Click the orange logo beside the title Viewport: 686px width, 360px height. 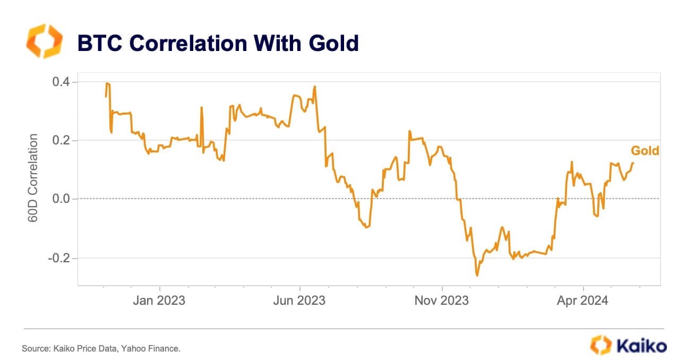tap(44, 41)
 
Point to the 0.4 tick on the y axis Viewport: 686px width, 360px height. tap(63, 82)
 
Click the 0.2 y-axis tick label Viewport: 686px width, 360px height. tap(63, 141)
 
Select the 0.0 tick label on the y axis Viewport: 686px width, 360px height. tap(63, 199)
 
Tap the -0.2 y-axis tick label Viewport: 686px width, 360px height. tap(61, 258)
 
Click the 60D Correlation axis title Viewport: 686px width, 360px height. tap(33, 177)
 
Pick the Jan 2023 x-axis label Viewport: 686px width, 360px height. tap(159, 301)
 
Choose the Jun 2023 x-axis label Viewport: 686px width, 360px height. tap(300, 301)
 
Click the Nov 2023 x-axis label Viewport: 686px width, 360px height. tap(442, 301)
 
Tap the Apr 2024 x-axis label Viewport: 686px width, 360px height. tap(583, 301)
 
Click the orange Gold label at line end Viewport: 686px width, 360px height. tap(645, 151)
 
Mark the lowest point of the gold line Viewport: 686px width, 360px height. tap(477, 276)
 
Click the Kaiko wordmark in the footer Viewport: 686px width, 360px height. tap(641, 346)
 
